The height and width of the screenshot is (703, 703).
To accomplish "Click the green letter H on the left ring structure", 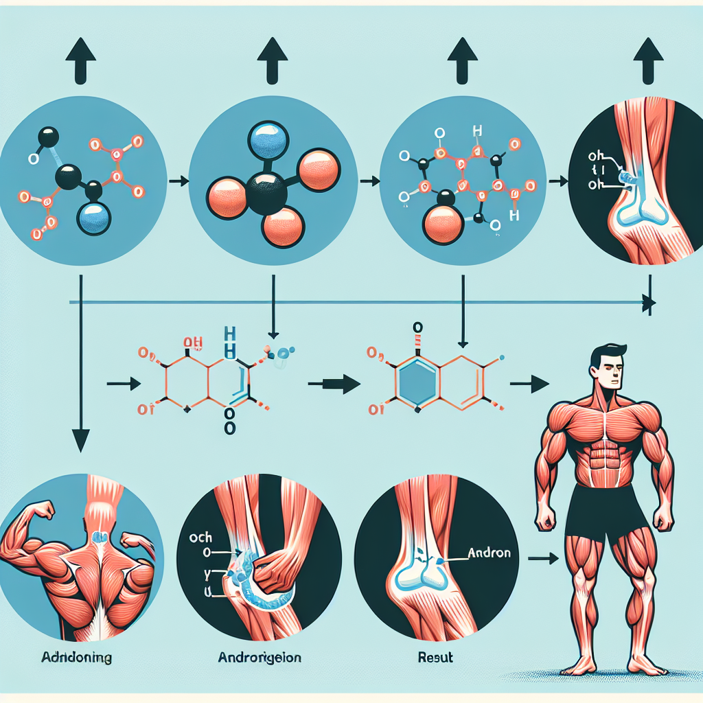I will tap(231, 337).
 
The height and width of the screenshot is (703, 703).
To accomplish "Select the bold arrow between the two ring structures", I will tap(337, 384).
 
